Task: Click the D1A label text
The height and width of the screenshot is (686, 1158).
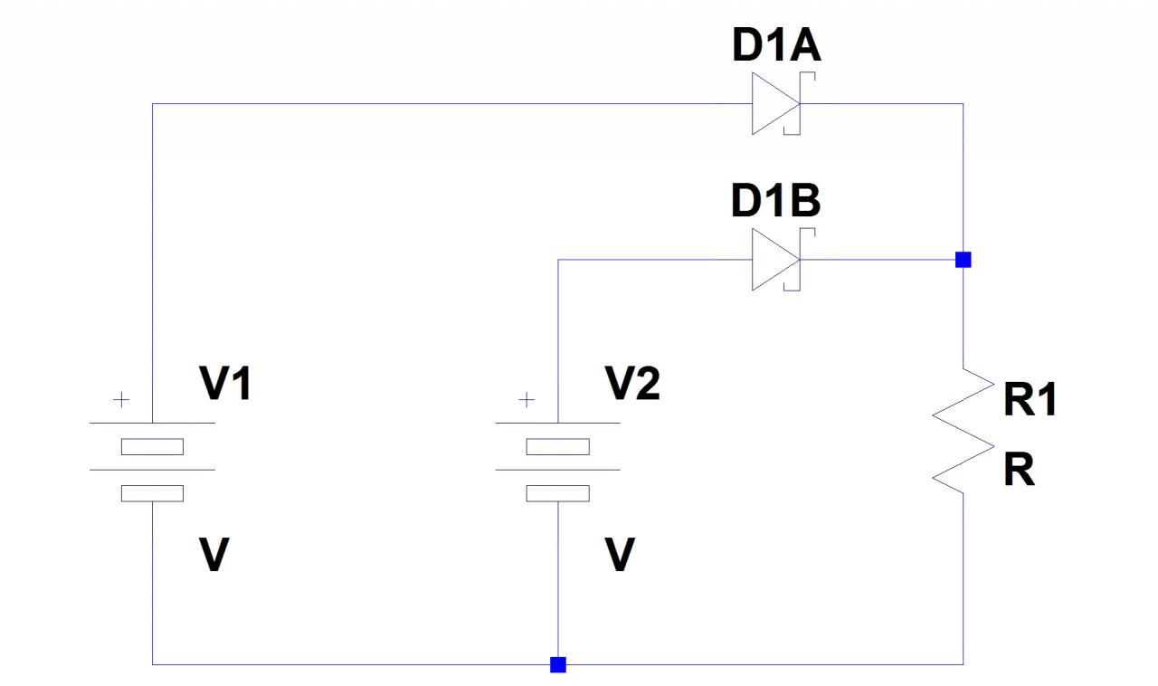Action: [776, 48]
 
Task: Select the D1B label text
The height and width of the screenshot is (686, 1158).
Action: [775, 203]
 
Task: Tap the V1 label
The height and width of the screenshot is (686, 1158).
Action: [225, 386]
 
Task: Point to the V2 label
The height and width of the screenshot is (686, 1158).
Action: [633, 386]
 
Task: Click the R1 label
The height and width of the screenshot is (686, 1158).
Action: [1030, 400]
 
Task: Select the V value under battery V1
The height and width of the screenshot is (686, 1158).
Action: [214, 555]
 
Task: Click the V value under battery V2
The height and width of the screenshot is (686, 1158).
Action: [620, 555]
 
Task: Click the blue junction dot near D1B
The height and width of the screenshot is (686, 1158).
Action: [963, 261]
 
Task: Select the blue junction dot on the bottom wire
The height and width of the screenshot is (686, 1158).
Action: [558, 665]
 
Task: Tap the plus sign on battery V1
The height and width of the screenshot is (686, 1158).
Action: [120, 400]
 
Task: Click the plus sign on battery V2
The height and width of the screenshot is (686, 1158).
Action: [527, 400]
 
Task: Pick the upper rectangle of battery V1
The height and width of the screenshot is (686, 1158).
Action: [152, 446]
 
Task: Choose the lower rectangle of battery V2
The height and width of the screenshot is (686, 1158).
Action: [558, 493]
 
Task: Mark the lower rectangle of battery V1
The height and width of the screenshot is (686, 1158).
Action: [152, 493]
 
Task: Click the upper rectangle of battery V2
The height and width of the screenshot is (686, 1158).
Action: [558, 446]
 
